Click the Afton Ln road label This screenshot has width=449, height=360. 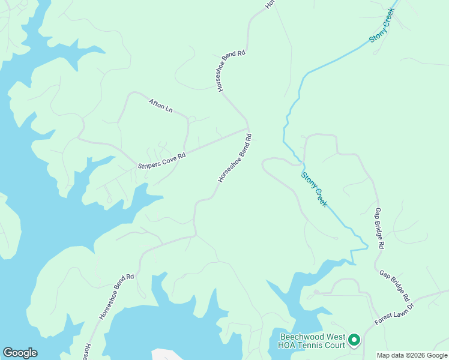click(x=161, y=106)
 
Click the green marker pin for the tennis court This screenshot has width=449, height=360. click(x=354, y=340)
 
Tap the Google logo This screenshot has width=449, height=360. click(x=20, y=352)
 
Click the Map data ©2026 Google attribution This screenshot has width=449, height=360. click(x=412, y=355)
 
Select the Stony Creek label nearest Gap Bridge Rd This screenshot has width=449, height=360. click(x=314, y=190)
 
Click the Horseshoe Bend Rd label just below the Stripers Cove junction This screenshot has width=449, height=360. click(x=235, y=158)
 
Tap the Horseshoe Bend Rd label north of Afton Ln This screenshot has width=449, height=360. click(x=231, y=71)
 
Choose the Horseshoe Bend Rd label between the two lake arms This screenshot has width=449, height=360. click(x=117, y=296)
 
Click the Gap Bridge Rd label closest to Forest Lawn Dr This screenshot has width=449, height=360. click(x=394, y=286)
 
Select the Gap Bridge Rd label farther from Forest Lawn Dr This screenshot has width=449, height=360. click(x=379, y=229)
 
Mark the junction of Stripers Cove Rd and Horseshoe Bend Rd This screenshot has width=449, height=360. click(x=247, y=128)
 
